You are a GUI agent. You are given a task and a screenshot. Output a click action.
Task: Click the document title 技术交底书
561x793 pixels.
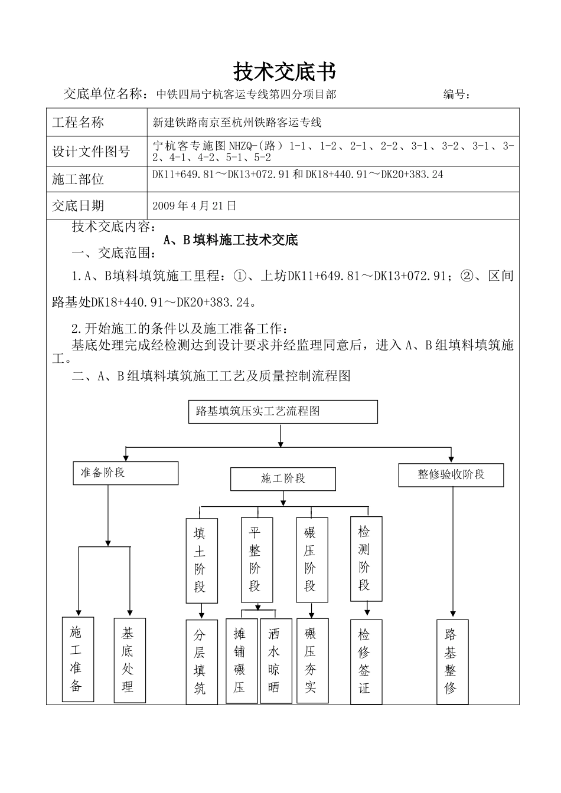(x=285, y=72)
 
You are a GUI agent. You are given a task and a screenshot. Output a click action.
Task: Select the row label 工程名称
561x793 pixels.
(x=78, y=123)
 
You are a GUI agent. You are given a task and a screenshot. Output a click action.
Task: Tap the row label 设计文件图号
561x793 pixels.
(x=91, y=152)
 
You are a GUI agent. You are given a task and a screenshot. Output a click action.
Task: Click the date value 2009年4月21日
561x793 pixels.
(x=194, y=206)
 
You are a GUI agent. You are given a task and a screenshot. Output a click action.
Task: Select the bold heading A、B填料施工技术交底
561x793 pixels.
(x=230, y=240)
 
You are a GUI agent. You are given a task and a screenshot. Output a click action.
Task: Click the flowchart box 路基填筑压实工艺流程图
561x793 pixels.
(x=283, y=412)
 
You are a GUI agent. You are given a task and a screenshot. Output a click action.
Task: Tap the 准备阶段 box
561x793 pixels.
(x=125, y=473)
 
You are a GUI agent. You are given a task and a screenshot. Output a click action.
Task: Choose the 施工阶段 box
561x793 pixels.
(x=283, y=479)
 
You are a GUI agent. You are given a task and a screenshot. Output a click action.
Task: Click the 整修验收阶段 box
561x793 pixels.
(x=451, y=475)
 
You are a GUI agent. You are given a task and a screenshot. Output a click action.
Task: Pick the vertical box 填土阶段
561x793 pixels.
(x=201, y=561)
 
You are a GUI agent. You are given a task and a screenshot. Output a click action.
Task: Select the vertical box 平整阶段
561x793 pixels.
(x=257, y=559)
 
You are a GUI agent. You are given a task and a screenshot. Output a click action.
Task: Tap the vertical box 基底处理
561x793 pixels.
(x=129, y=660)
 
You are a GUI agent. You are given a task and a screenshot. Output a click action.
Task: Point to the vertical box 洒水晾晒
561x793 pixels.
(x=276, y=661)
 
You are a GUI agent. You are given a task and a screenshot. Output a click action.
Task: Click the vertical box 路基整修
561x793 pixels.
(x=452, y=662)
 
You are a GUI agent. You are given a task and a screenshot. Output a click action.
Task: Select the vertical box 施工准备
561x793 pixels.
(x=78, y=660)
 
